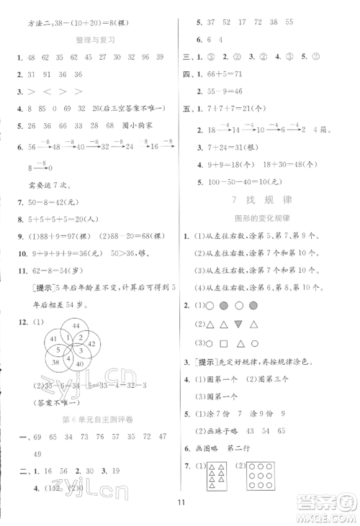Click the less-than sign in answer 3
pos(49,91)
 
